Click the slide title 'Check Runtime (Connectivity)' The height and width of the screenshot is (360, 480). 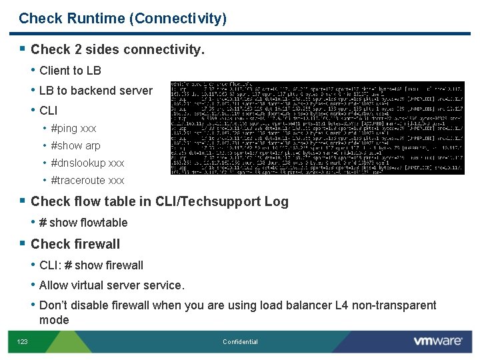[123, 19]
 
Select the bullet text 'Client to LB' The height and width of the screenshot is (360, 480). [70, 71]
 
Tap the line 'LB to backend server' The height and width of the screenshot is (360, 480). [95, 91]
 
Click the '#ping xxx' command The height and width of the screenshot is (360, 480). [73, 128]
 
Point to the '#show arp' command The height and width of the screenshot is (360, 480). [75, 145]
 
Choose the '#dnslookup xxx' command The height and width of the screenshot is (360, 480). [87, 163]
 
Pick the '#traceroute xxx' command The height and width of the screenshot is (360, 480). [87, 180]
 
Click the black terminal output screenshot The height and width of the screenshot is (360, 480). [317, 128]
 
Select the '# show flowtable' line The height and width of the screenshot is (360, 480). [83, 223]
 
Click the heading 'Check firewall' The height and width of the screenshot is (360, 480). [75, 244]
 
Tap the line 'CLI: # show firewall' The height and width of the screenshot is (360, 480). [91, 265]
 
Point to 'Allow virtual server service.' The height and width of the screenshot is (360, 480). [111, 285]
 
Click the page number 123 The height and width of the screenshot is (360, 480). [23, 342]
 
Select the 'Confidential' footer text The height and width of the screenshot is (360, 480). [240, 342]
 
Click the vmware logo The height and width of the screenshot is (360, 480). [437, 341]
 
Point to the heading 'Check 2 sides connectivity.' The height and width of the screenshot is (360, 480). [117, 49]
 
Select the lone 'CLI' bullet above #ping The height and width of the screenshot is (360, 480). [49, 111]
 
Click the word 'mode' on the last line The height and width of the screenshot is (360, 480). [54, 320]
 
